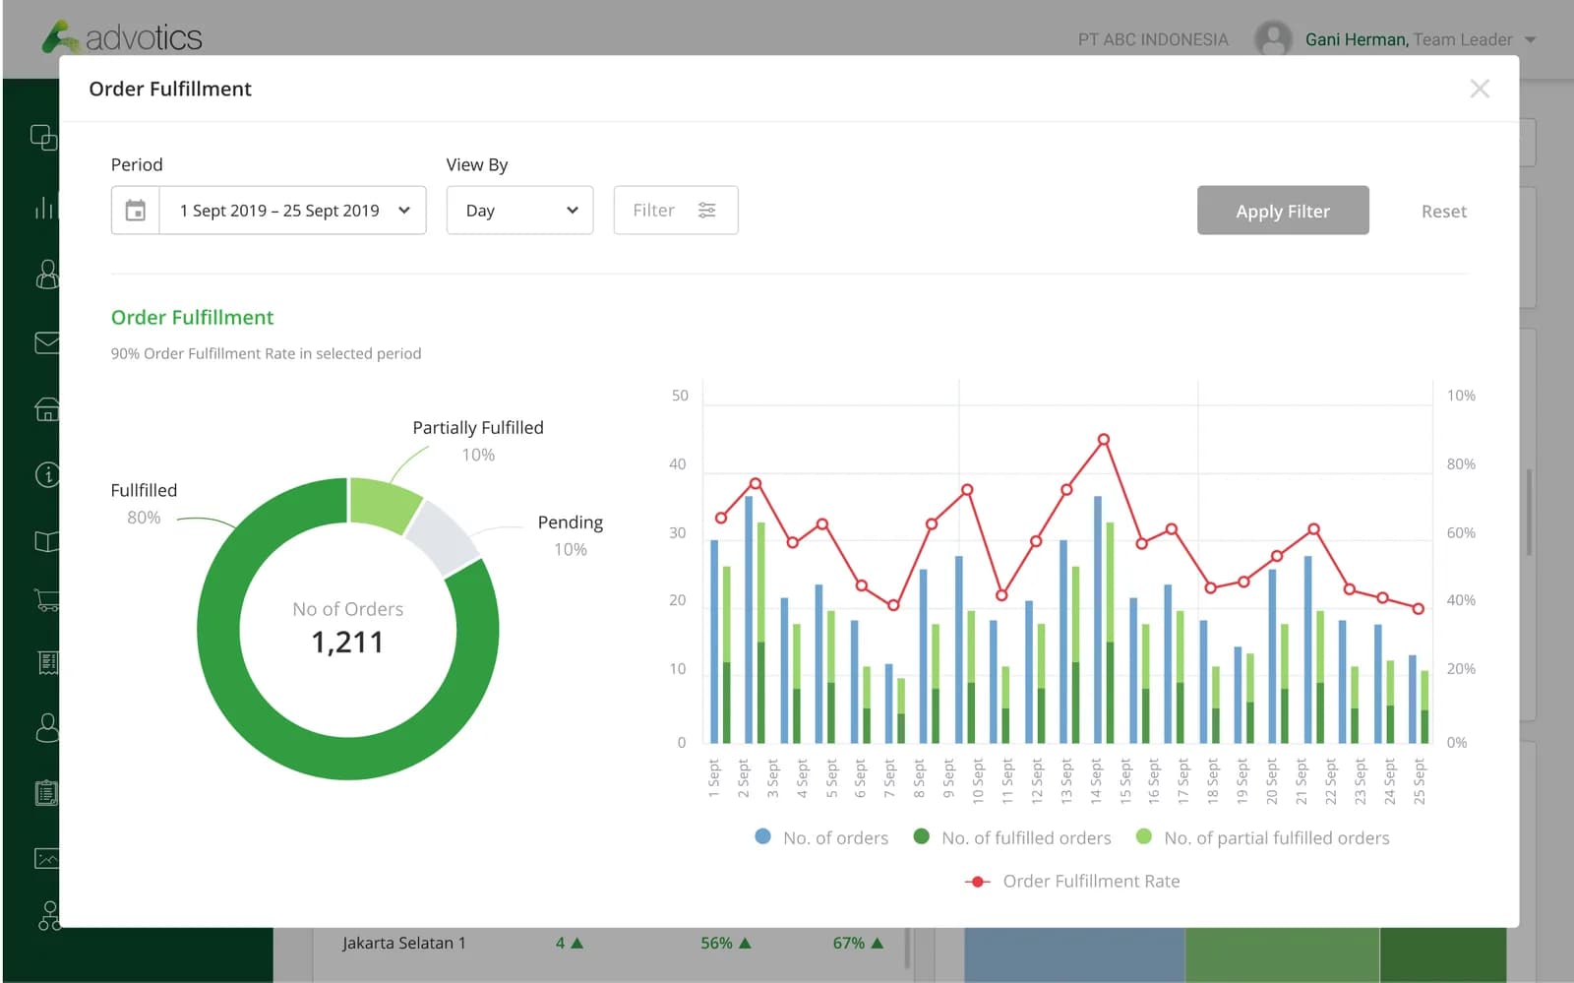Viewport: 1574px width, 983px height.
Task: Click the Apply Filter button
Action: point(1283,211)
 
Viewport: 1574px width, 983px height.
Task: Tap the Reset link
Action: point(1443,211)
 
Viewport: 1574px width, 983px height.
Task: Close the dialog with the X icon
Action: point(1480,89)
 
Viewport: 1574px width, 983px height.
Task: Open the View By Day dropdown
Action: point(519,211)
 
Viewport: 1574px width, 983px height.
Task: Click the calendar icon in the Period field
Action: point(136,211)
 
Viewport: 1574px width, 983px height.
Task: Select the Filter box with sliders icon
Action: point(675,211)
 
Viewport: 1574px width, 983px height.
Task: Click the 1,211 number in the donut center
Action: point(347,642)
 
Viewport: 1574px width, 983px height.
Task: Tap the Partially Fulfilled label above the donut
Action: point(478,427)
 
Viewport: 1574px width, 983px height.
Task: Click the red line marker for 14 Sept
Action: point(1103,439)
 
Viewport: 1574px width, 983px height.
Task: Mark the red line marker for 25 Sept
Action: point(1418,608)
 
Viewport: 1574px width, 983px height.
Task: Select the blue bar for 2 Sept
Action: point(749,619)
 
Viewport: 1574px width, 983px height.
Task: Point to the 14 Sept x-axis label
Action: point(1096,780)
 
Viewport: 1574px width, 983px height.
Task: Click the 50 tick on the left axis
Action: point(680,396)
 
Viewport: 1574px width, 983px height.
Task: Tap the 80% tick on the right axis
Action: point(1460,463)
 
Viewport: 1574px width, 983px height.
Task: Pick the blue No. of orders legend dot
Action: point(762,836)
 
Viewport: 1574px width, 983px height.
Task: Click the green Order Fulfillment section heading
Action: point(192,317)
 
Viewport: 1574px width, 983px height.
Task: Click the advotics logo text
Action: point(144,38)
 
